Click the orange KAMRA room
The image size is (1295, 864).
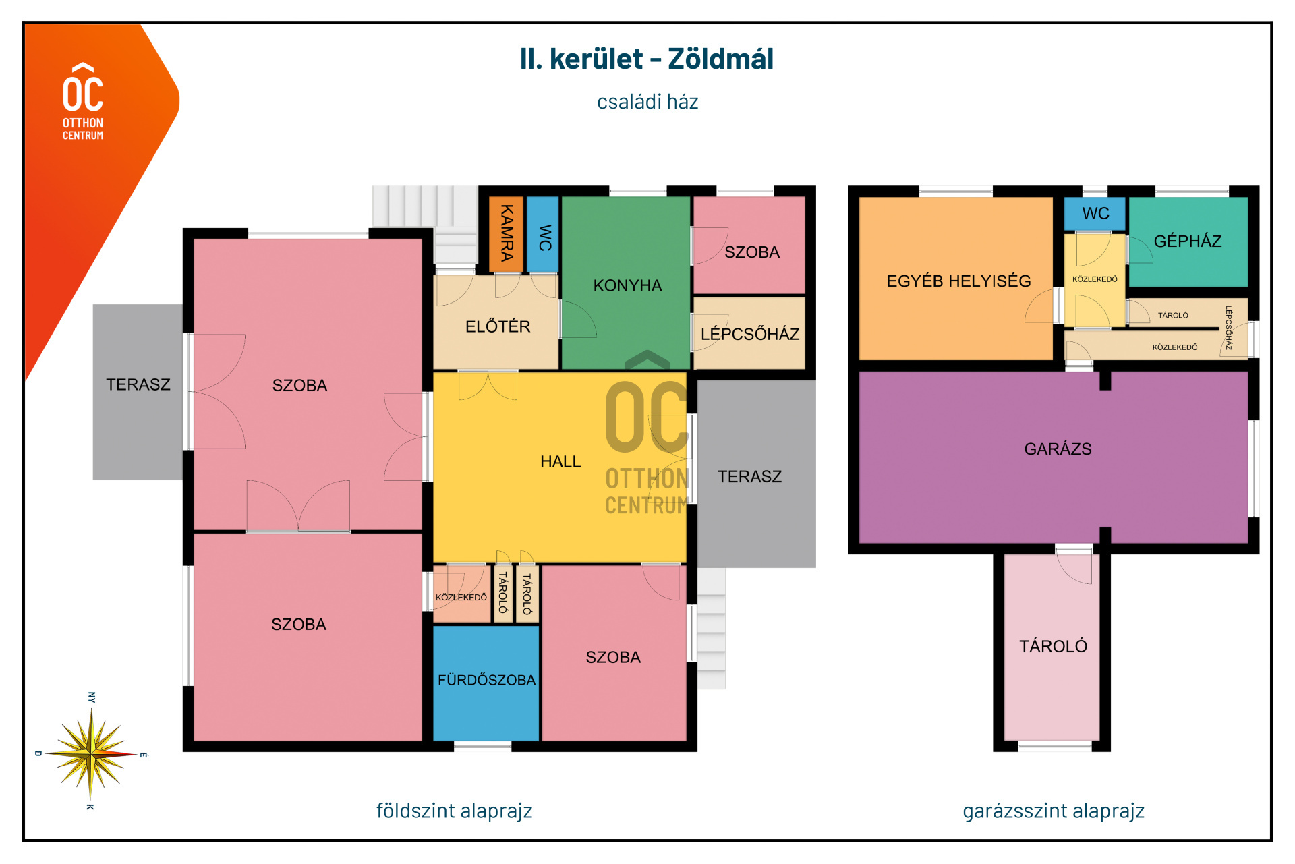tap(506, 234)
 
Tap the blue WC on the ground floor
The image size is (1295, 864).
tap(542, 234)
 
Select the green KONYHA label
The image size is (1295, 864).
tap(627, 285)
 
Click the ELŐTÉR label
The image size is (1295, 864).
tap(498, 326)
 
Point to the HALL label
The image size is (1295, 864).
tap(560, 461)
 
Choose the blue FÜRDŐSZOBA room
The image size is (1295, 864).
tap(486, 683)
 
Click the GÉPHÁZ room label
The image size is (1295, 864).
tap(1188, 241)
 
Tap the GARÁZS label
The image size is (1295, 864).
tap(1058, 449)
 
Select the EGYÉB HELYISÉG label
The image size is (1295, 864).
tap(958, 281)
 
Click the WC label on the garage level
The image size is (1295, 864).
tap(1095, 214)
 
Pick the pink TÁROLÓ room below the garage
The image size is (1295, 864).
tap(1052, 647)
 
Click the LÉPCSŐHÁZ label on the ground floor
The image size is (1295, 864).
tap(750, 334)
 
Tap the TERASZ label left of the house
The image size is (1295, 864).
tap(138, 384)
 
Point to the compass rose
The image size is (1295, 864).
tap(90, 753)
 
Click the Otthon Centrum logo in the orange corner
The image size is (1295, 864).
tap(83, 102)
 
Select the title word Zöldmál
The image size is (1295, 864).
tap(720, 59)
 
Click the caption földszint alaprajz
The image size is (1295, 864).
tap(454, 811)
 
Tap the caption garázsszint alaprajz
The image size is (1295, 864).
tap(1053, 811)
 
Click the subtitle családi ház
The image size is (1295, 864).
tap(647, 102)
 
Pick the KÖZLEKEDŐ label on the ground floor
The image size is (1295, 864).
tap(461, 597)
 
